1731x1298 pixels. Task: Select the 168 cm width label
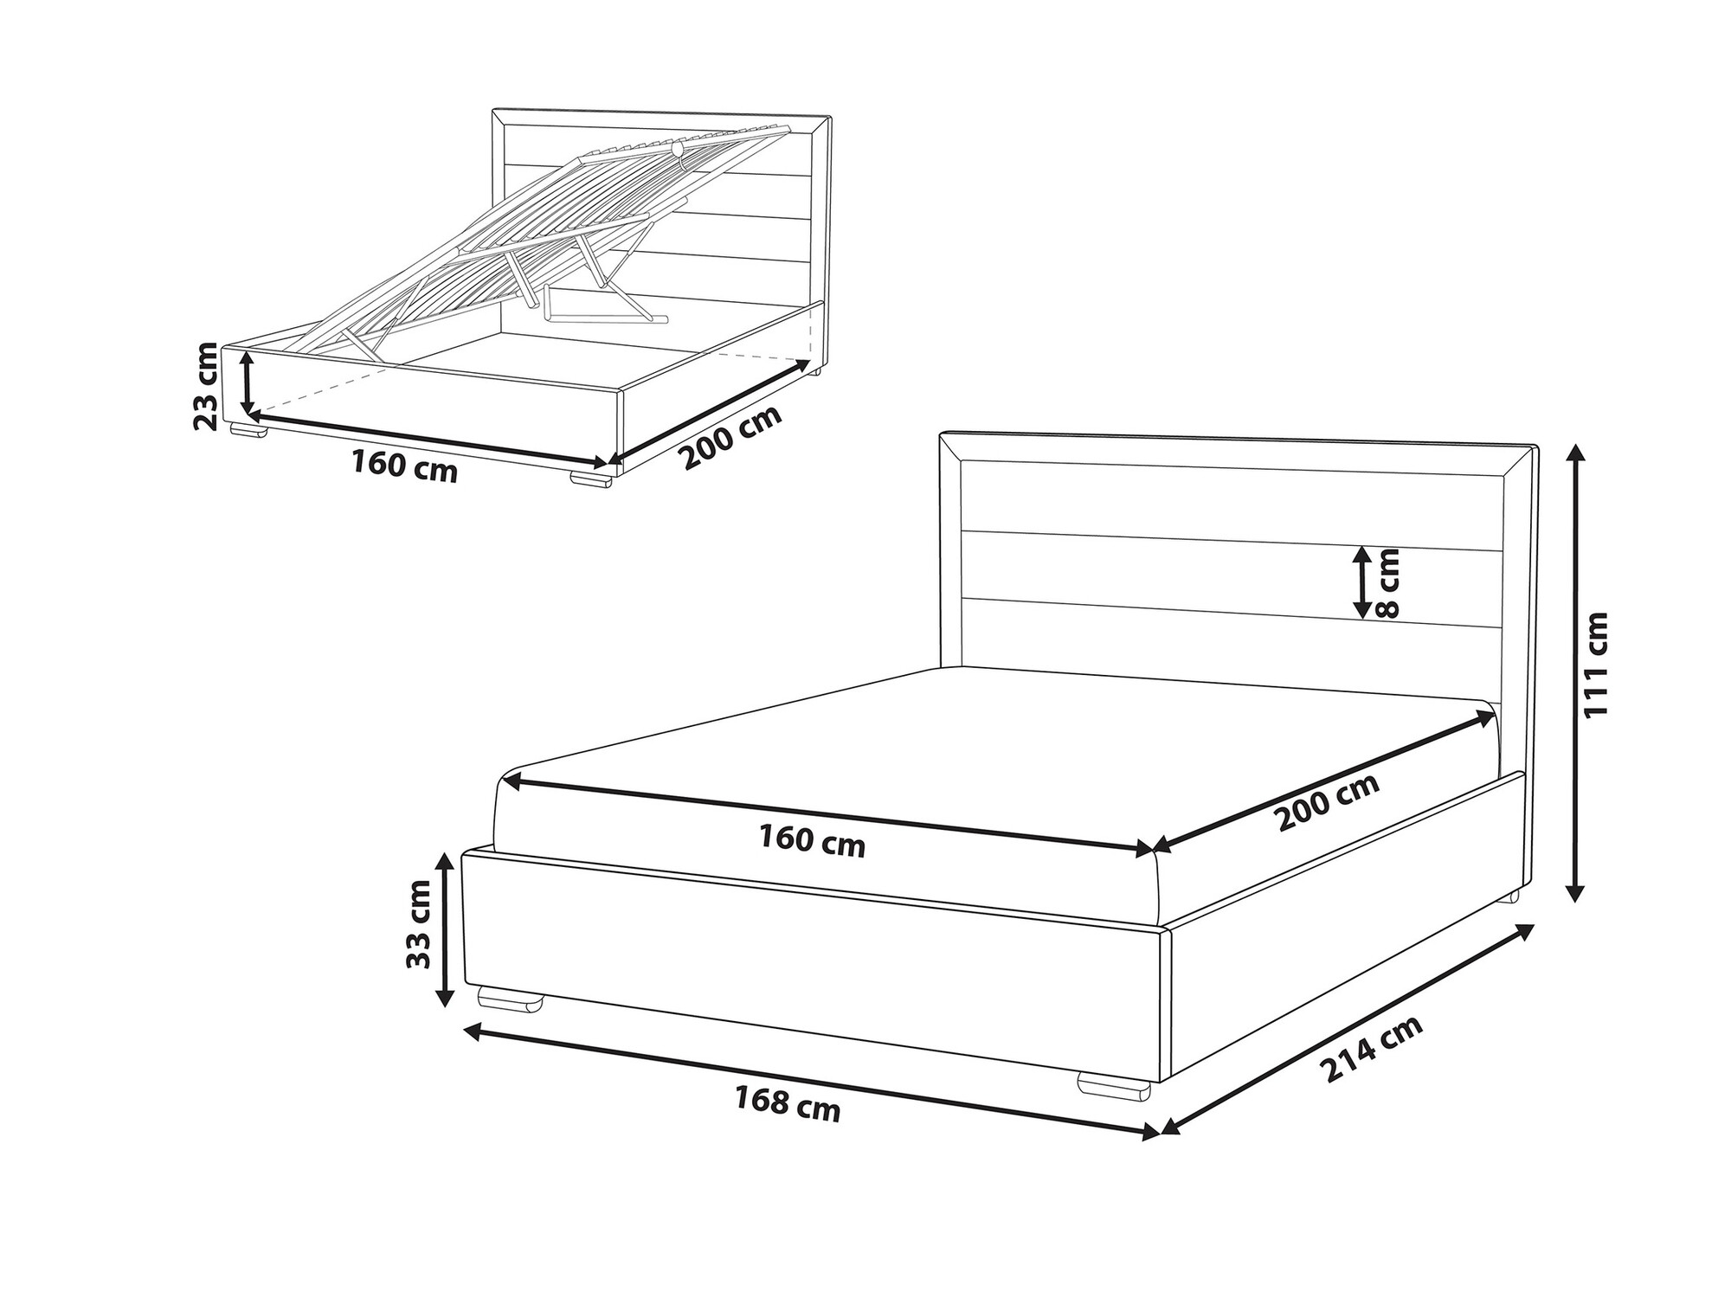click(788, 1104)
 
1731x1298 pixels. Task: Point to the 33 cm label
click(419, 925)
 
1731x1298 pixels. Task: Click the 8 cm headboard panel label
click(1386, 584)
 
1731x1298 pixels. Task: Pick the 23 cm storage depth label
click(207, 386)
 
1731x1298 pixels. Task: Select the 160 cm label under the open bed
click(404, 466)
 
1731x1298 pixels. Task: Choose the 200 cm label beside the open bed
click(731, 437)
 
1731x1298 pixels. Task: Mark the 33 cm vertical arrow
click(444, 929)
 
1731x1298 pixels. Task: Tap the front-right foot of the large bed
click(1116, 1086)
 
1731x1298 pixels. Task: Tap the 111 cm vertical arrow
click(1576, 673)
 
